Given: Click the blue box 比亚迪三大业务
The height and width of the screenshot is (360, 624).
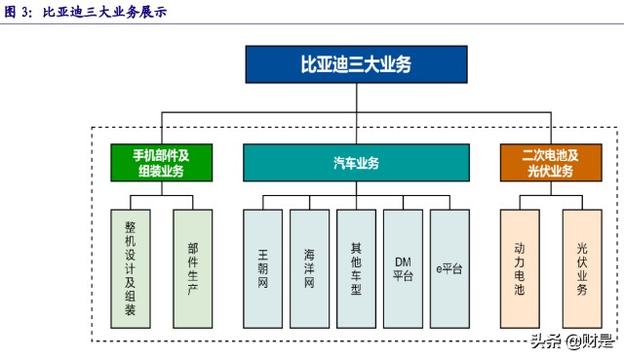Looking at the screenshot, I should pyautogui.click(x=355, y=64).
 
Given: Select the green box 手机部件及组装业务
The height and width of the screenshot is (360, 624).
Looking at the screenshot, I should pyautogui.click(x=160, y=163).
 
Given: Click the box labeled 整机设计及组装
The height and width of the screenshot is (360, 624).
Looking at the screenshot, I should pyautogui.click(x=131, y=268).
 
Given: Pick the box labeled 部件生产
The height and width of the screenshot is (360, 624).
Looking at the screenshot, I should pyautogui.click(x=192, y=268).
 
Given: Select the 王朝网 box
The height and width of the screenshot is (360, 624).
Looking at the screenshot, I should pyautogui.click(x=262, y=268).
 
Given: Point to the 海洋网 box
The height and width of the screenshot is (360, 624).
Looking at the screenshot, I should pyautogui.click(x=309, y=268).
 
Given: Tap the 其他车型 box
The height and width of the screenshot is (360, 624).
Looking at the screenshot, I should pyautogui.click(x=356, y=268).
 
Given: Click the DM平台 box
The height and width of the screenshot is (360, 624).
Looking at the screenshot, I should pyautogui.click(x=403, y=268).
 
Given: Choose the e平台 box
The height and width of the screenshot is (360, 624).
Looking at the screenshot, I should pyautogui.click(x=449, y=268).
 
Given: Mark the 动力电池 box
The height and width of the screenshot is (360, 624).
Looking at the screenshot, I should pyautogui.click(x=520, y=268).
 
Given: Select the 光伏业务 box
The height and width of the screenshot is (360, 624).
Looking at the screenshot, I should pyautogui.click(x=582, y=268).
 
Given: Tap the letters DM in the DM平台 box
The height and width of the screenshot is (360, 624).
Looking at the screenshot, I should pyautogui.click(x=403, y=261).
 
